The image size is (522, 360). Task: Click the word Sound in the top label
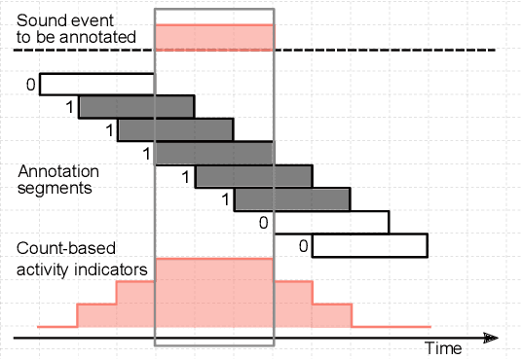tap(39, 20)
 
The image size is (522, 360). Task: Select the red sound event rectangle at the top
tap(214, 37)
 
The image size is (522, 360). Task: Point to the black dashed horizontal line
tap(390, 50)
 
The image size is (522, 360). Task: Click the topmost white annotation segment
tap(96, 84)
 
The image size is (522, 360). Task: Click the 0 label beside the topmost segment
tap(31, 85)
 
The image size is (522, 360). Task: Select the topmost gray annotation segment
tap(136, 106)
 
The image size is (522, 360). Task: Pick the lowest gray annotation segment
tap(292, 199)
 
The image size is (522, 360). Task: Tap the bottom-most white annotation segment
tap(369, 245)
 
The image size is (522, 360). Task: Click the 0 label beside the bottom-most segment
tap(304, 246)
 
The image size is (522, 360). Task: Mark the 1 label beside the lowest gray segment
tap(226, 200)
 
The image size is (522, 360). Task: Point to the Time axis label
tap(443, 347)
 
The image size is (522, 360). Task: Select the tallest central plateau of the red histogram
tap(214, 292)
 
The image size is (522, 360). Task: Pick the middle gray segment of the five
tap(214, 153)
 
